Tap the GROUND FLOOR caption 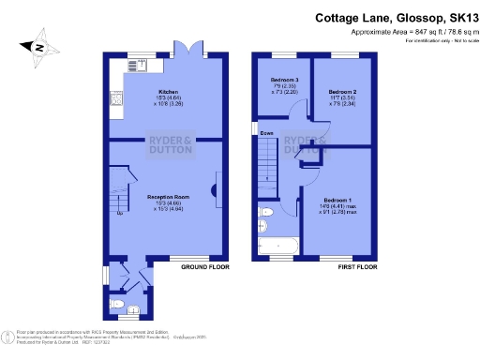click(x=205, y=267)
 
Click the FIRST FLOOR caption click(x=356, y=267)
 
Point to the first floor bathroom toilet click(x=262, y=226)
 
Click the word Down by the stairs click(x=267, y=133)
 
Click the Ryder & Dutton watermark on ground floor click(x=172, y=145)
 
